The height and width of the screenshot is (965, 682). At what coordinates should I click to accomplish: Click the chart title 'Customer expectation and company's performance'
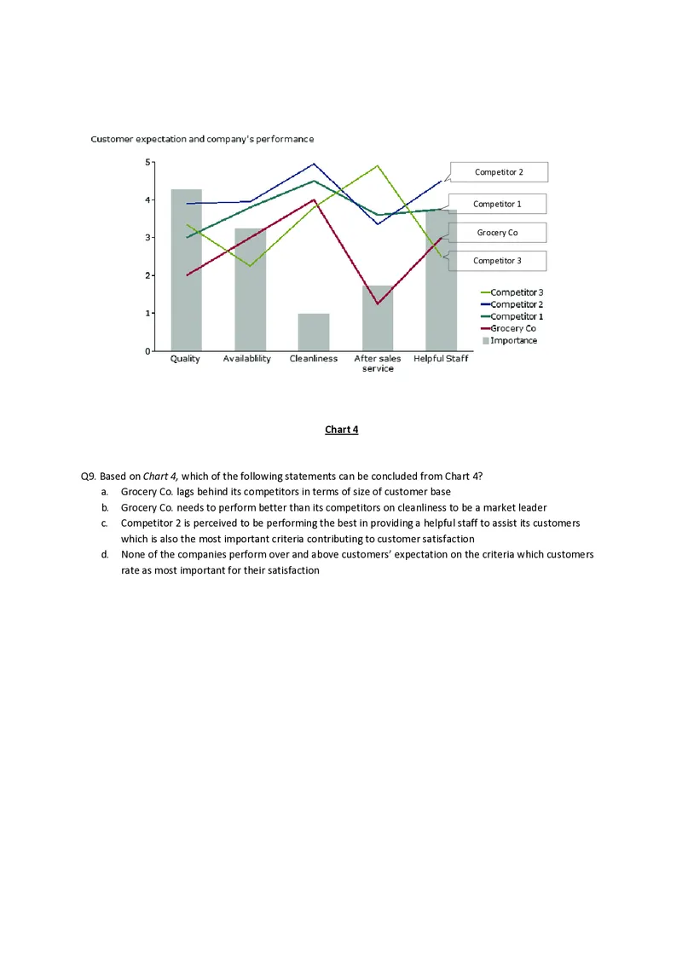tap(202, 139)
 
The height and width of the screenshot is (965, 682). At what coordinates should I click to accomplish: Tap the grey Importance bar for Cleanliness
tap(314, 332)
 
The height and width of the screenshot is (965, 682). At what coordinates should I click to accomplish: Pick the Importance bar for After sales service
tap(378, 320)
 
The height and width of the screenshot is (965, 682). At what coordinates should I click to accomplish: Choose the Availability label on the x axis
tap(246, 359)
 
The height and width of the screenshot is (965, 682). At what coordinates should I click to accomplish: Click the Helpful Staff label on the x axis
tap(441, 359)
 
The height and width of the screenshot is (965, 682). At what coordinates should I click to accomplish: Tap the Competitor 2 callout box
tap(498, 172)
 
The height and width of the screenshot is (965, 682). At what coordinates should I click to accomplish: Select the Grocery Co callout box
tap(498, 233)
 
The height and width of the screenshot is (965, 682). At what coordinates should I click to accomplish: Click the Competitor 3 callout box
tap(498, 261)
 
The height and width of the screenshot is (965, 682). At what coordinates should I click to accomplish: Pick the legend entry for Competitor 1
tap(516, 316)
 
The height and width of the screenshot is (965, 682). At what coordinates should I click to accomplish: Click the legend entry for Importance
tap(513, 340)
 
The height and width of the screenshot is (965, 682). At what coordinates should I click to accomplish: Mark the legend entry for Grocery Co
tap(512, 328)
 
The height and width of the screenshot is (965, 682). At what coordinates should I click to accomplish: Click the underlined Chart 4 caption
tap(341, 430)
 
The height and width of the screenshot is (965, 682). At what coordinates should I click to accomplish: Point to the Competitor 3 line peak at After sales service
tap(378, 166)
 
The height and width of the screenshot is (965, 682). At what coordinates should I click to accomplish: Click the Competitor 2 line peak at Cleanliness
tap(314, 164)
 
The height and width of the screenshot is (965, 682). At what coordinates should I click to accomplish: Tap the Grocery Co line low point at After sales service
tap(378, 303)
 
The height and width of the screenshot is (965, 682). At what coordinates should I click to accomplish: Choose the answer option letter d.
tap(103, 555)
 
